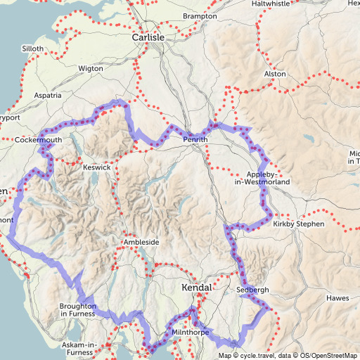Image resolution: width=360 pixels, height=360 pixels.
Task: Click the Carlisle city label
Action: click(148, 37)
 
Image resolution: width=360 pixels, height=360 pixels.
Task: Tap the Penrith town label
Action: click(195, 140)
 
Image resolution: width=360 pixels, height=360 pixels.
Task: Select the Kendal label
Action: click(197, 288)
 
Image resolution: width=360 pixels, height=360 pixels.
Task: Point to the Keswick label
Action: click(96, 168)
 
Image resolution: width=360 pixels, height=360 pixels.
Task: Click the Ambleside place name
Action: click(141, 242)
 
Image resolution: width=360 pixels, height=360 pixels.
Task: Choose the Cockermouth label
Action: click(39, 141)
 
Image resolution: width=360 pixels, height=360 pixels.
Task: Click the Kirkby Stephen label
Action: click(298, 224)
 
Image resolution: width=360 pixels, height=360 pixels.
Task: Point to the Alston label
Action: click(274, 74)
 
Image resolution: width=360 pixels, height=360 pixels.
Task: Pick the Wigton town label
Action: click(91, 69)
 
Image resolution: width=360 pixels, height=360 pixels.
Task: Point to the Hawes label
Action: click(337, 298)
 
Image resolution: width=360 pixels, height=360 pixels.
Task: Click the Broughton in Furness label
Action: click(77, 310)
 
